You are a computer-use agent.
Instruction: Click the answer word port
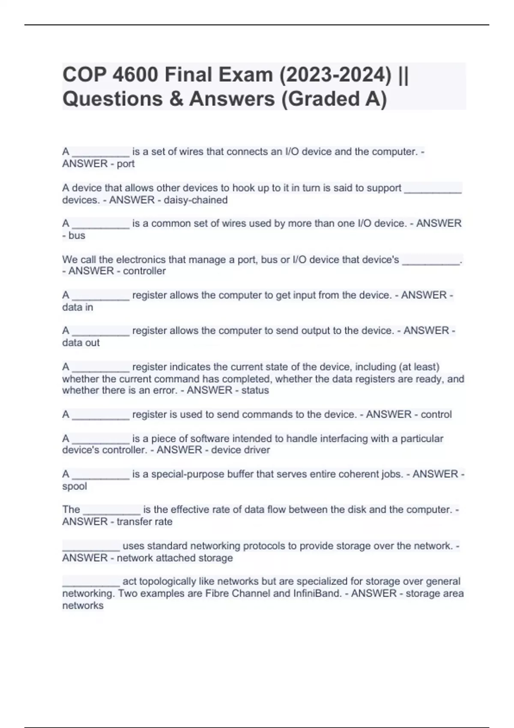point(126,164)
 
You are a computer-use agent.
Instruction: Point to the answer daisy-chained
point(195,200)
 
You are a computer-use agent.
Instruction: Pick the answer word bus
point(77,236)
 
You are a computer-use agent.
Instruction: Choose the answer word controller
point(144,271)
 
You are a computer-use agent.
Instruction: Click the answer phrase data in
point(78,307)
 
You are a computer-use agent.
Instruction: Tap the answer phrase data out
point(81,343)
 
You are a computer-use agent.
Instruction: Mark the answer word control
point(436,415)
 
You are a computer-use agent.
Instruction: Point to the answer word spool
point(75,486)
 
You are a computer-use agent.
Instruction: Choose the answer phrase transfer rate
point(144,522)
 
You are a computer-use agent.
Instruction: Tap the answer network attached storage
point(175,558)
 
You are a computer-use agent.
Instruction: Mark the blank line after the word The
point(111,510)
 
